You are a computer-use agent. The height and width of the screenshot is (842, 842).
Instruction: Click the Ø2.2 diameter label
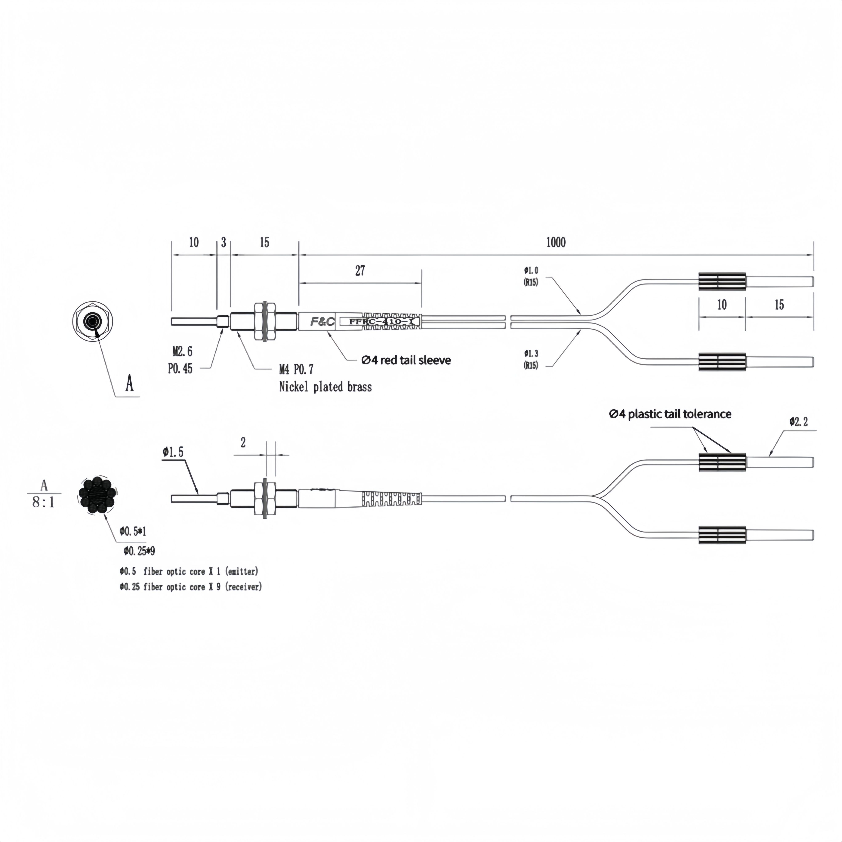coord(798,422)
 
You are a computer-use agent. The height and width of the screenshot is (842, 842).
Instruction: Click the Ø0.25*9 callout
coord(139,551)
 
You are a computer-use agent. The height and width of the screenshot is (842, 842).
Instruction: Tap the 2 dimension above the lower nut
coord(243,443)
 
